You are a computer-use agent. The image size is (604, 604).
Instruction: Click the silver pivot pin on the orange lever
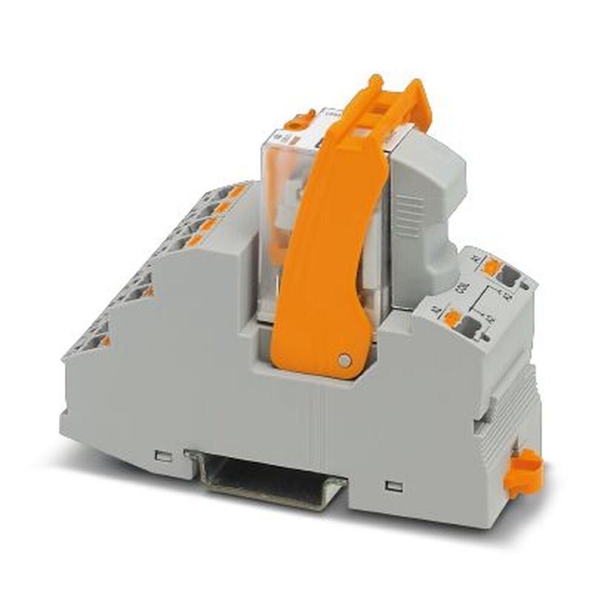pyautogui.click(x=344, y=361)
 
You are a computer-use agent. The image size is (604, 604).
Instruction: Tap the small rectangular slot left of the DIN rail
pyautogui.click(x=161, y=454)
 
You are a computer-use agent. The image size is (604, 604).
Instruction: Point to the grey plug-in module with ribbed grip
pyautogui.click(x=426, y=205)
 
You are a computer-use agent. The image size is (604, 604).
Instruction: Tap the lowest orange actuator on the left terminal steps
pyautogui.click(x=104, y=341)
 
